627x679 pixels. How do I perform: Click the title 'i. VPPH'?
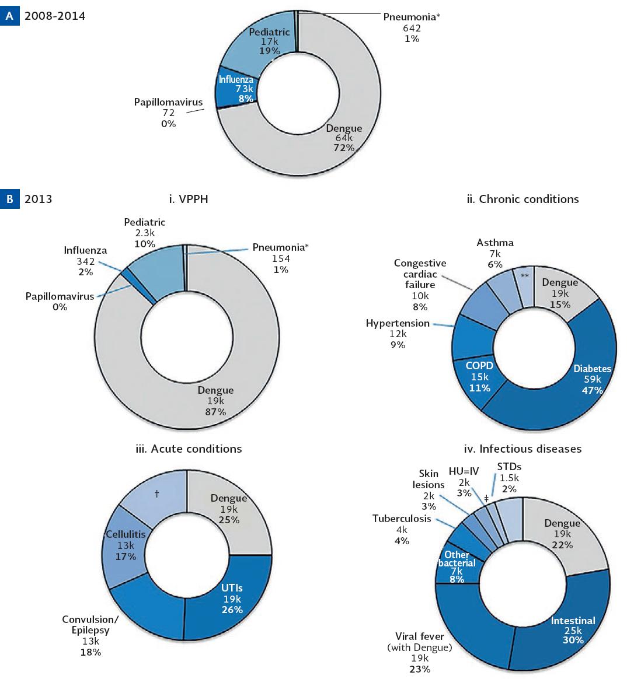(x=188, y=199)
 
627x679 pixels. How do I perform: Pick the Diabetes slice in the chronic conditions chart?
(x=560, y=385)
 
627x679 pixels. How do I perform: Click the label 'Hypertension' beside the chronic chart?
(x=398, y=323)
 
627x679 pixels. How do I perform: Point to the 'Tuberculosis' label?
(x=401, y=519)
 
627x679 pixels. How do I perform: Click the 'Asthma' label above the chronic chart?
(x=495, y=243)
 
